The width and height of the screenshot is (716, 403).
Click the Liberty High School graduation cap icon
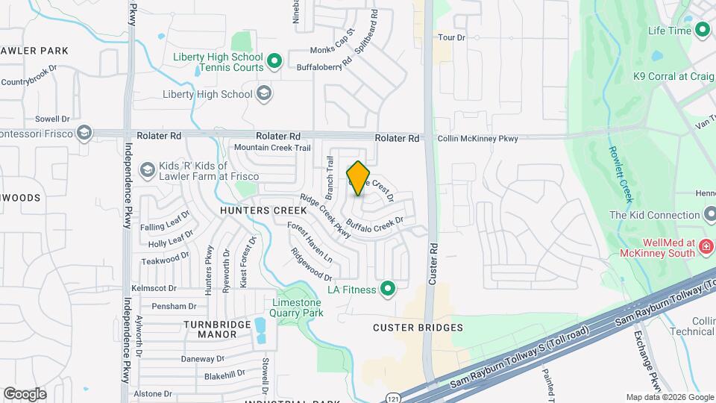click(263, 94)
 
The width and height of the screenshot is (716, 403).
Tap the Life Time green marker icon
click(702, 31)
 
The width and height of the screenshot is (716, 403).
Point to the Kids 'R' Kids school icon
click(148, 171)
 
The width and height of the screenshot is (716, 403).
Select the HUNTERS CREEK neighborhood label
click(254, 211)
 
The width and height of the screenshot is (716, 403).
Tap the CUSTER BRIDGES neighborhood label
click(418, 328)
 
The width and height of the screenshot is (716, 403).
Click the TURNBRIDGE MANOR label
click(211, 328)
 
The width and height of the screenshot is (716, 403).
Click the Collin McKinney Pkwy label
click(477, 138)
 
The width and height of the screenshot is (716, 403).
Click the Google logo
click(25, 394)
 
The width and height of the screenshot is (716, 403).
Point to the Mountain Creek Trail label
click(271, 148)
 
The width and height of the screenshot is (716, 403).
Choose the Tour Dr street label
click(451, 37)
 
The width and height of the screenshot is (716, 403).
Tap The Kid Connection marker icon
click(709, 215)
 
